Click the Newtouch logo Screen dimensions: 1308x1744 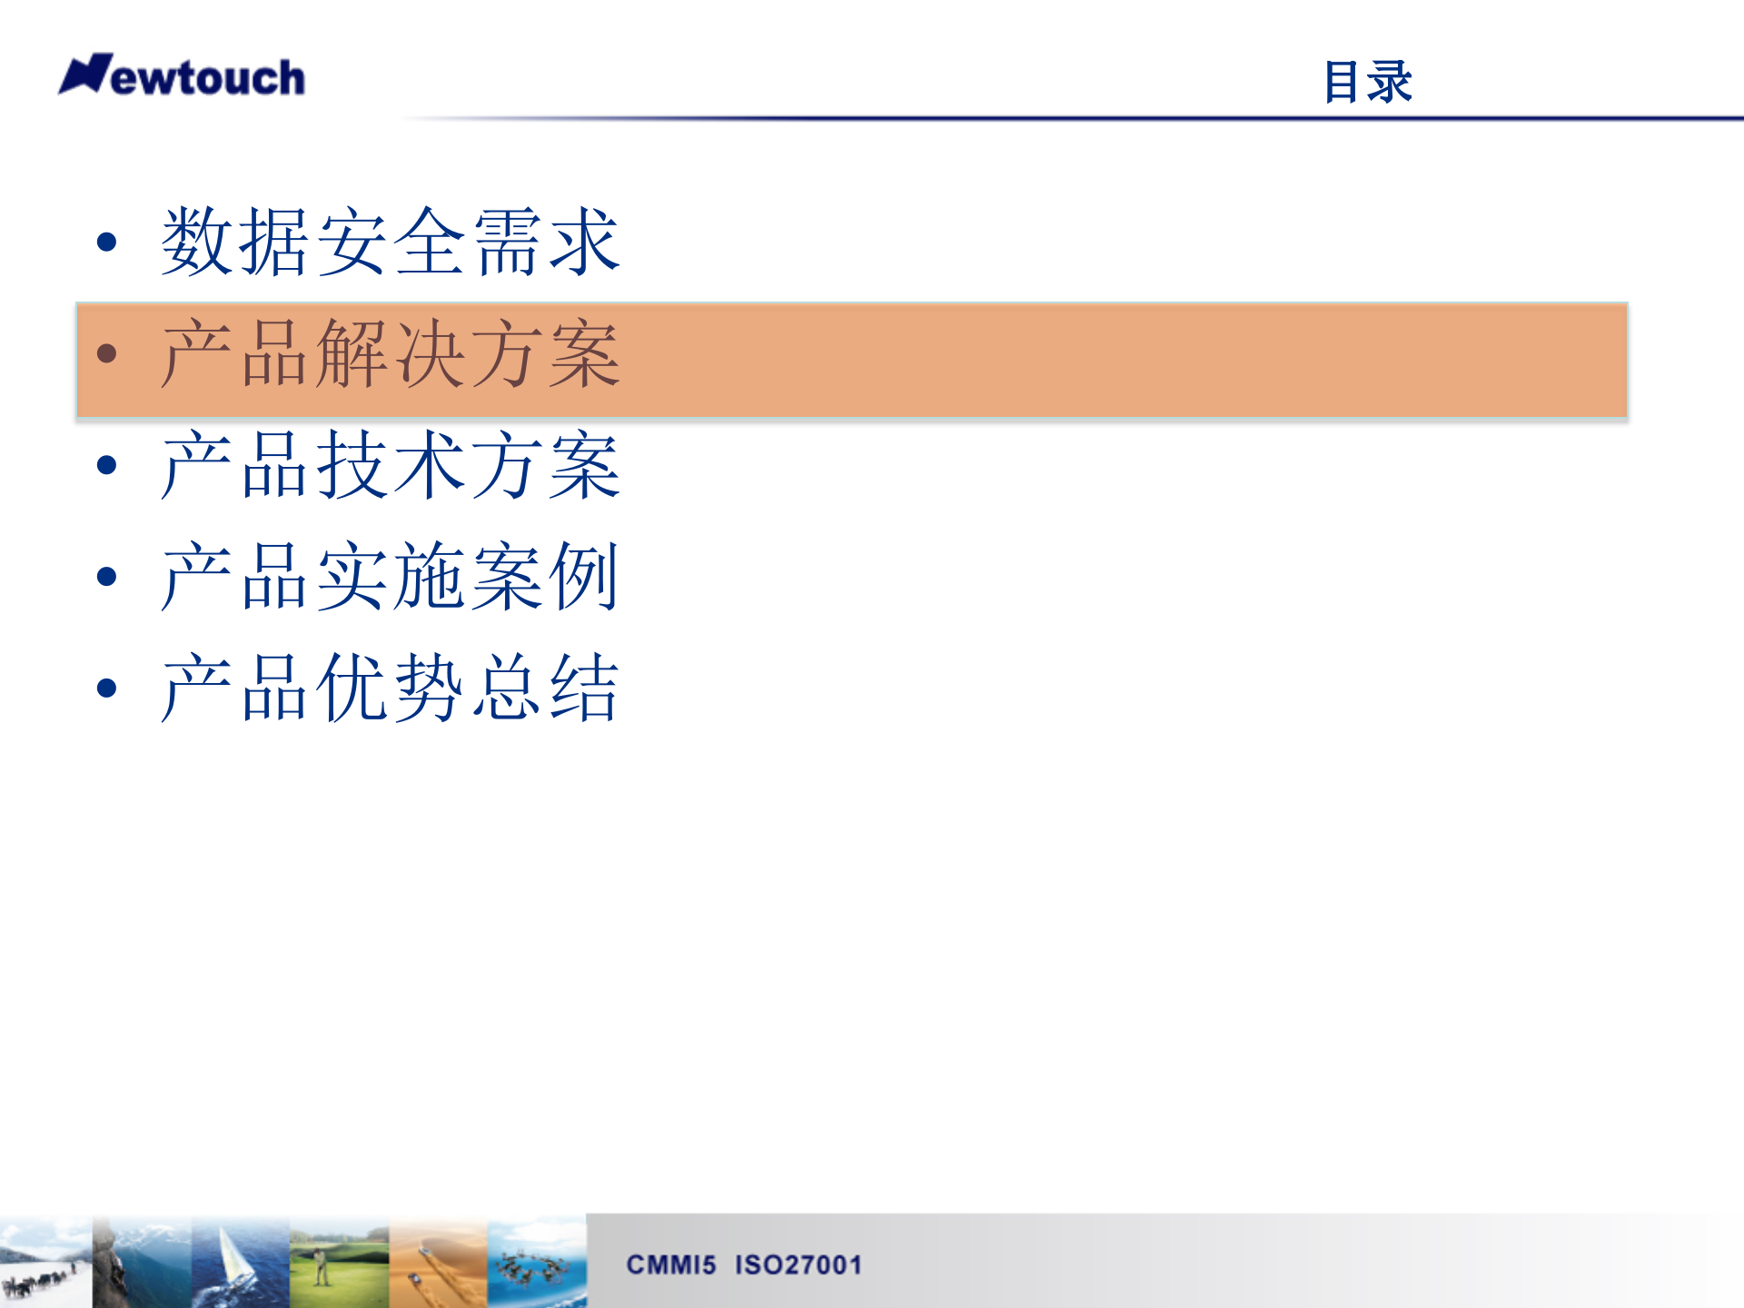pyautogui.click(x=182, y=76)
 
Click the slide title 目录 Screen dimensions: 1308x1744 pyautogui.click(x=1367, y=82)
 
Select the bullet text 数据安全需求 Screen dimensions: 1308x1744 pyautogui.click(x=391, y=242)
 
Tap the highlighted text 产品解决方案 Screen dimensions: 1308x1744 pyautogui.click(x=391, y=354)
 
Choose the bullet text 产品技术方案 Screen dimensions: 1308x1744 pyautogui.click(x=391, y=466)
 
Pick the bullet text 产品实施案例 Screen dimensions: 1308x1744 pyautogui.click(x=391, y=577)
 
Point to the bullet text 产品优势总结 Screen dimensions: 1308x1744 pyautogui.click(x=391, y=689)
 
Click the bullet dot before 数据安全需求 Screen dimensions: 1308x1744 pyautogui.click(x=107, y=242)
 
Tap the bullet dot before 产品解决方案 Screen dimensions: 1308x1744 pyautogui.click(x=107, y=353)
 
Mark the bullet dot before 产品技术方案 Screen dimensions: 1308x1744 pyautogui.click(x=107, y=465)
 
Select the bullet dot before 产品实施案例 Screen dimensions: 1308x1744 pyautogui.click(x=107, y=577)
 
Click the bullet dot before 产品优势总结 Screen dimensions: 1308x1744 pyautogui.click(x=107, y=689)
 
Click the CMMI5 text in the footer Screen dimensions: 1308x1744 pyautogui.click(x=671, y=1264)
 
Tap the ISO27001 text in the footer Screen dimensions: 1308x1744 pyautogui.click(x=798, y=1264)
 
